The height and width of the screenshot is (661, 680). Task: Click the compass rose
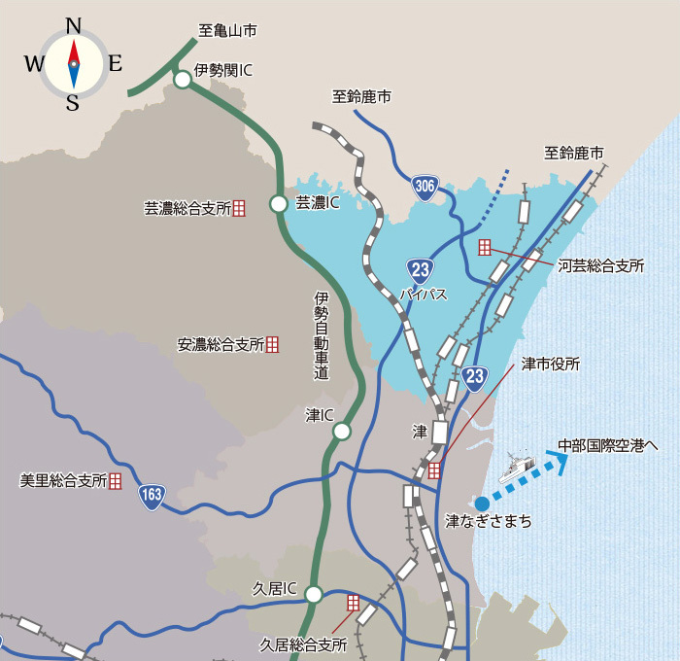click(73, 63)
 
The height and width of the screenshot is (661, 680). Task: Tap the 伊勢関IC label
click(224, 70)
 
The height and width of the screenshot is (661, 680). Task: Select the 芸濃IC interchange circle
click(279, 204)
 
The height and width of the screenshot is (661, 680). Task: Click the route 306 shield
click(425, 188)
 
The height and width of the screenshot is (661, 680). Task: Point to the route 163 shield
click(152, 496)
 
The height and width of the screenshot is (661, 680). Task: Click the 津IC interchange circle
click(342, 432)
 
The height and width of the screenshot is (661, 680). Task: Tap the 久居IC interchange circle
click(313, 593)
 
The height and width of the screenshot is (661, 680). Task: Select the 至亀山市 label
click(227, 31)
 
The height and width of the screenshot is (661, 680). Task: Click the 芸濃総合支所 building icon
click(239, 208)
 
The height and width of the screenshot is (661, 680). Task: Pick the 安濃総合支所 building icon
click(273, 343)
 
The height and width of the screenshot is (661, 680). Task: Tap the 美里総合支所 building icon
click(116, 480)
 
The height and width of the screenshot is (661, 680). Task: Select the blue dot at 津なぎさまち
click(483, 503)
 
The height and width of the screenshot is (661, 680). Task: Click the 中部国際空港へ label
click(608, 446)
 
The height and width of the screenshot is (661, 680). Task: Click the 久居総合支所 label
click(303, 644)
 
